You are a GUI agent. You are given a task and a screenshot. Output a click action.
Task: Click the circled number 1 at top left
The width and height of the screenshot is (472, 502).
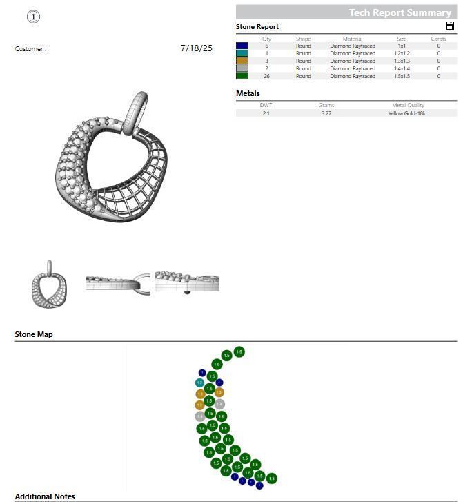pos(33,17)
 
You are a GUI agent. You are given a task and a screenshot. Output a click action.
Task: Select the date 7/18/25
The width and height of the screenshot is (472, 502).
pos(196,48)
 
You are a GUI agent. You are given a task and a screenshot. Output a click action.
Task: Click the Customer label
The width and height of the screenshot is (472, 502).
pos(30,49)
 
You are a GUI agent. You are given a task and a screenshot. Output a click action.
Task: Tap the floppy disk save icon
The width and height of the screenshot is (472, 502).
pos(450,26)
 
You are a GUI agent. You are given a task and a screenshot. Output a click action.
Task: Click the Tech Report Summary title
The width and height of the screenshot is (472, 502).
pos(400,12)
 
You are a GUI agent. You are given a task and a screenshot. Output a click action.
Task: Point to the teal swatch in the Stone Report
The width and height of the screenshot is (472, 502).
pos(242,53)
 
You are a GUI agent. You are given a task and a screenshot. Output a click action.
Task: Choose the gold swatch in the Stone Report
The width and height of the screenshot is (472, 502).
pos(242,61)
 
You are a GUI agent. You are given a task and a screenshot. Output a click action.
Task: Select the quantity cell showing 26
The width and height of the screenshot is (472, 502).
pos(266,76)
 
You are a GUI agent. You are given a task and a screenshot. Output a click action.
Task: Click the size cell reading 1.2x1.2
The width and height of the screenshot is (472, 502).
pos(402,53)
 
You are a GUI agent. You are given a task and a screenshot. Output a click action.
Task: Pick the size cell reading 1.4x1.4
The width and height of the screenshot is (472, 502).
pos(402,68)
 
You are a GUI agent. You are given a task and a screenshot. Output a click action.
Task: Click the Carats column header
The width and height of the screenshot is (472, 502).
pos(438,39)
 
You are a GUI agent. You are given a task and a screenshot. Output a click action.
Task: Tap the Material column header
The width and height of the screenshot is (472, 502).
pos(353,39)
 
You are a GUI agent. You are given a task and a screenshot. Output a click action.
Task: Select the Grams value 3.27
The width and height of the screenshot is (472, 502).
pos(326,113)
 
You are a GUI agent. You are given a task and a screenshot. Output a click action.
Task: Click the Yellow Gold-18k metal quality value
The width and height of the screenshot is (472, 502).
pos(406,113)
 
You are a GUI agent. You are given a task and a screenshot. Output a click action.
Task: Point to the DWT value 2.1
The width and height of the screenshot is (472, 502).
pos(266,113)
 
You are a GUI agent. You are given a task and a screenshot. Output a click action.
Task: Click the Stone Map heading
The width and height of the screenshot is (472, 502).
pos(34,334)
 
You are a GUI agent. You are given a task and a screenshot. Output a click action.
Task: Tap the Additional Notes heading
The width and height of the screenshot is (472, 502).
pos(45,496)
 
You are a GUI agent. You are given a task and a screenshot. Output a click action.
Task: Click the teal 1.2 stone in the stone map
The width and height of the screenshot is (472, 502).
pos(199,383)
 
